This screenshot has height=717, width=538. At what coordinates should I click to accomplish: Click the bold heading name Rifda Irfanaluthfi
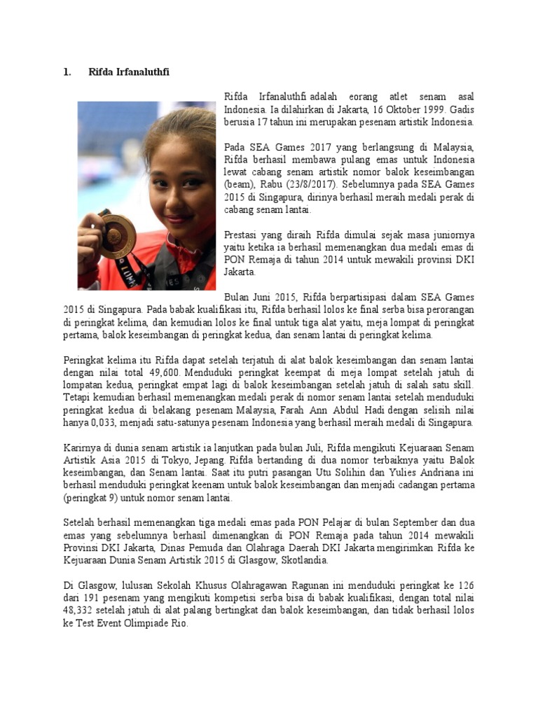tap(129, 72)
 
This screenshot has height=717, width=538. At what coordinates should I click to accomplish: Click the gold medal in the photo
tap(117, 236)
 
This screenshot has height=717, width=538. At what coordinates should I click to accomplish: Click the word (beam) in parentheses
tap(239, 184)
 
